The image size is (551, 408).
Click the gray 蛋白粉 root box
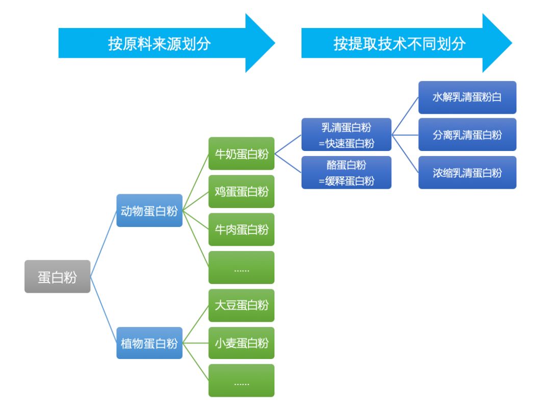(57, 276)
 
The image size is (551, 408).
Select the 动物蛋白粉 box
(149, 210)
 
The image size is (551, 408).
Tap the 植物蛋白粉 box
(149, 343)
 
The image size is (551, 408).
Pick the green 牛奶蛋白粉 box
(241, 154)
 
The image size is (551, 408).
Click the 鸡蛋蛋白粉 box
(241, 191)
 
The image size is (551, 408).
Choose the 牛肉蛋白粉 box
(241, 229)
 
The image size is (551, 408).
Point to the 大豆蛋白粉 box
(241, 305)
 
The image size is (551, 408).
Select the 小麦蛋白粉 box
(241, 343)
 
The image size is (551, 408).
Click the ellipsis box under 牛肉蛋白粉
(241, 267)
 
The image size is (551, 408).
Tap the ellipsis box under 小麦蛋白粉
(241, 380)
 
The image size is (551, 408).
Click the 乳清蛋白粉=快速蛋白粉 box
(346, 135)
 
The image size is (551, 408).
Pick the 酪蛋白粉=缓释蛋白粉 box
(346, 172)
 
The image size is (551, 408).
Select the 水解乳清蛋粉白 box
(467, 97)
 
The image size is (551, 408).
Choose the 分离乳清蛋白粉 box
(467, 135)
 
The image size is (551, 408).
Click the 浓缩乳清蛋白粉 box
(467, 172)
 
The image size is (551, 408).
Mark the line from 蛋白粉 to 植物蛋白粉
(104, 310)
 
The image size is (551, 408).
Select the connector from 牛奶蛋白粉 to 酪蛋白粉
(288, 163)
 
